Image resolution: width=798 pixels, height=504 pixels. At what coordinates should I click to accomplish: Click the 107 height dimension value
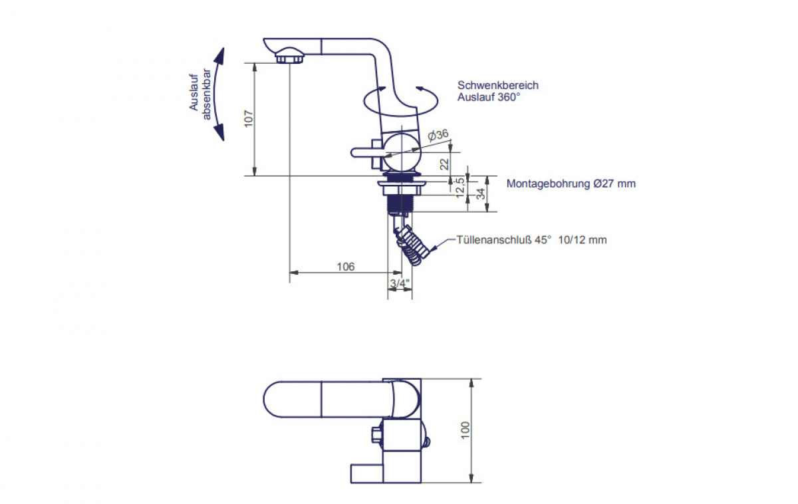point(249,119)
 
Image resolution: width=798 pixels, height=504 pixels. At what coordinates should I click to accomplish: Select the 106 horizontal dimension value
point(346,267)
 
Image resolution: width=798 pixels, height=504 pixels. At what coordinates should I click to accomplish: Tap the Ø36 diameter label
point(438,135)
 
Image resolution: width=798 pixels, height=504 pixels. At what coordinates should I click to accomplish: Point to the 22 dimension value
point(444,164)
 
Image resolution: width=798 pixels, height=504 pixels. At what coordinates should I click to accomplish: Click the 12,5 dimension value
point(460,188)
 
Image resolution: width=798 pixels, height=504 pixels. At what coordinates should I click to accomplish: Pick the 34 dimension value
point(481,193)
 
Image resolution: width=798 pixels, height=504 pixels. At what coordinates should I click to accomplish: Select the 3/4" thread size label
point(400,283)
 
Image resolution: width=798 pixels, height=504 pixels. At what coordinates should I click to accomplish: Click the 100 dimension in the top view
point(465,430)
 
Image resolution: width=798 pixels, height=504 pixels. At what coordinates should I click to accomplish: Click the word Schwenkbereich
point(498,86)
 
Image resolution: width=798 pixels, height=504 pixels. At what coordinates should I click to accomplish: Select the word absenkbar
point(206,94)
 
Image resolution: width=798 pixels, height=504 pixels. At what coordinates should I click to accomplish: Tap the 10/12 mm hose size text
point(583,240)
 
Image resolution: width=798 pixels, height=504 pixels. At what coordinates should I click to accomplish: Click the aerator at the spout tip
point(290,58)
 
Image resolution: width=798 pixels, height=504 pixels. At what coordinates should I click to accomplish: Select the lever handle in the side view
point(367,152)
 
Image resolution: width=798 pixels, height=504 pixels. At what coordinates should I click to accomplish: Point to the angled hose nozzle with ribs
point(413,245)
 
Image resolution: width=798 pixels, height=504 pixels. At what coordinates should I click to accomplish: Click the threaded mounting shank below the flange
point(400,203)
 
